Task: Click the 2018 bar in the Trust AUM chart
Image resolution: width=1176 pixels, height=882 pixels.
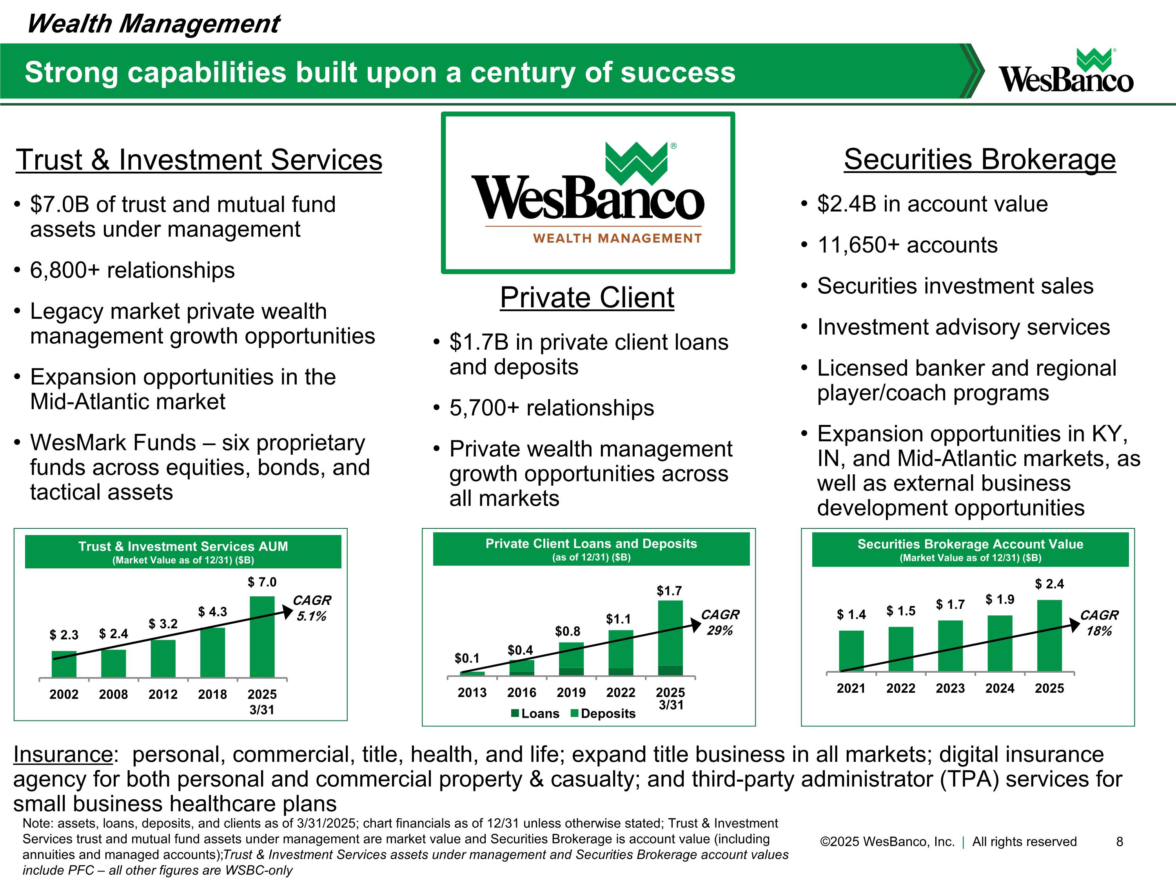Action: tap(212, 652)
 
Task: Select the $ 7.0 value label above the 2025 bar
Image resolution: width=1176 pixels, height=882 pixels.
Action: tap(262, 582)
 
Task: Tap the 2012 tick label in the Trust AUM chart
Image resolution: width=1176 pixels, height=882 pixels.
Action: tap(163, 694)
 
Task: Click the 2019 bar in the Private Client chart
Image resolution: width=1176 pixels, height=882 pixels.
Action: tap(571, 659)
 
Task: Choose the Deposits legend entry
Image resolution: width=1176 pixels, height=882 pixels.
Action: tap(603, 713)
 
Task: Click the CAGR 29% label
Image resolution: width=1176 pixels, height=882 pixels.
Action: tap(720, 622)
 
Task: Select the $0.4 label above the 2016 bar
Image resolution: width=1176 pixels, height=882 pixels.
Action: tap(520, 650)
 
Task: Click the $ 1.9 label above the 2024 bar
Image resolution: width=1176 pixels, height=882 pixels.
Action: tap(1000, 600)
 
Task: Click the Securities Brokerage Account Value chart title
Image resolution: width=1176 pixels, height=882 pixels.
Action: tap(970, 544)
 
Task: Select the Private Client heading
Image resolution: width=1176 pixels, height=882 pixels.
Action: tap(587, 297)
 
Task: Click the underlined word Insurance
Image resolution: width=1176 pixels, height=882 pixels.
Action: tap(63, 755)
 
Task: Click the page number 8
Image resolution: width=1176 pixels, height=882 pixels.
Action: tap(1119, 842)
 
